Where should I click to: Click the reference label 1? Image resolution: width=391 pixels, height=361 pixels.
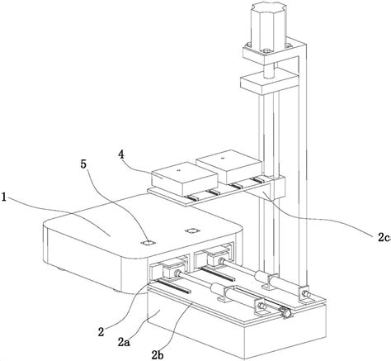coord(4,197)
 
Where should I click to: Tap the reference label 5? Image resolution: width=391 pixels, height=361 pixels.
coord(83,164)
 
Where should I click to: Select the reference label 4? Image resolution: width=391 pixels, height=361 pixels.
coord(121,154)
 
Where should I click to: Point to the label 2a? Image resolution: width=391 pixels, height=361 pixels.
coord(124,342)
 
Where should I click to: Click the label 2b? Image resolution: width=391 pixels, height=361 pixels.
coord(158,354)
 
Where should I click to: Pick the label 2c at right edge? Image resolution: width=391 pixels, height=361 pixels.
coord(384,237)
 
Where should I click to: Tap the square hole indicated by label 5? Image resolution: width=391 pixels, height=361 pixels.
coord(148,243)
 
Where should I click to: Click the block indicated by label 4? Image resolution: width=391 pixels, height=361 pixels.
coord(185,179)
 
